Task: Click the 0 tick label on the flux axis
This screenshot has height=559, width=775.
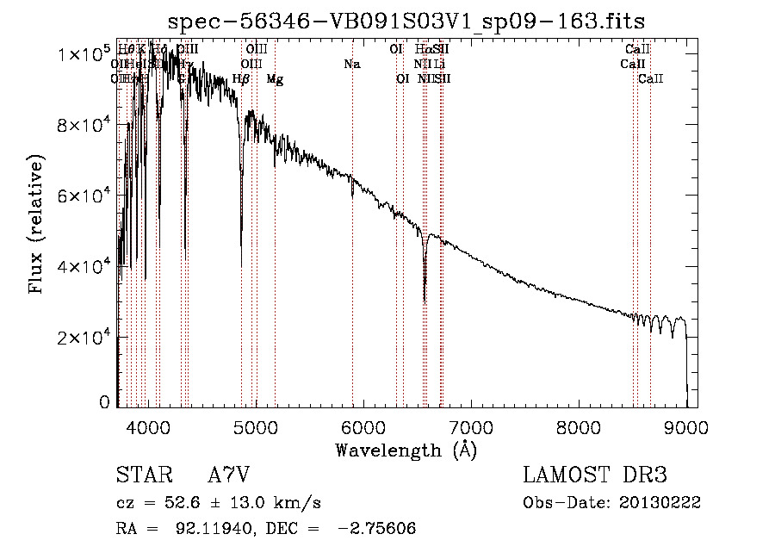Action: click(104, 402)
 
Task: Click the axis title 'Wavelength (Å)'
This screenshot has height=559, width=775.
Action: click(406, 450)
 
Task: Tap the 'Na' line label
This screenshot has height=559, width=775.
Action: click(351, 64)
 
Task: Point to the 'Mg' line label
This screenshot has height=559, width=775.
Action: click(275, 79)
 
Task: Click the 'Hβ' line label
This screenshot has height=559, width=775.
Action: click(241, 79)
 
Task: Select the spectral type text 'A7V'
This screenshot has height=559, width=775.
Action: click(232, 475)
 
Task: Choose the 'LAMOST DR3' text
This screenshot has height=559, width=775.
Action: click(595, 475)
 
